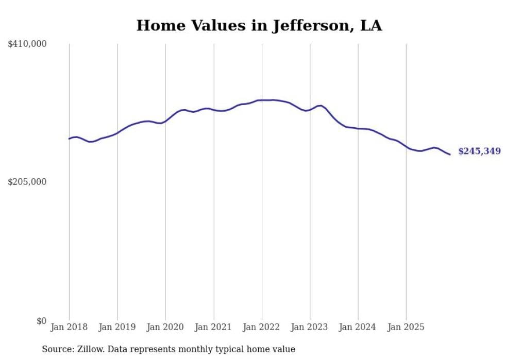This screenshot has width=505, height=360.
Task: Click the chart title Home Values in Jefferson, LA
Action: tap(259, 26)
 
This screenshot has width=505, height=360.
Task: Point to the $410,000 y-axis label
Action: tap(27, 44)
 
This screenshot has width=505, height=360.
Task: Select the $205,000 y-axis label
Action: tap(27, 182)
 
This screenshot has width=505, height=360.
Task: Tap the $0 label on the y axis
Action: tap(41, 321)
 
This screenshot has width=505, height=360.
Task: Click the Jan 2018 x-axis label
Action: tap(69, 327)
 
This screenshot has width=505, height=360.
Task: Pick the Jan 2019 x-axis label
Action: tap(117, 327)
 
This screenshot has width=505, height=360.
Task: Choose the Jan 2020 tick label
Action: tap(165, 327)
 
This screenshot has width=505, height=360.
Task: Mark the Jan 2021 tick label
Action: tap(213, 327)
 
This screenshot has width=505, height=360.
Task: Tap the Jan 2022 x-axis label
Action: tap(262, 327)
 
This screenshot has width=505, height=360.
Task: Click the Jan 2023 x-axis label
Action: tap(310, 327)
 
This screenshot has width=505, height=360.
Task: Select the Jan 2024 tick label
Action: tap(358, 327)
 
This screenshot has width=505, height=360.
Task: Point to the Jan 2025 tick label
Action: tap(406, 327)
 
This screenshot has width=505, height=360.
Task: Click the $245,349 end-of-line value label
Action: tap(479, 151)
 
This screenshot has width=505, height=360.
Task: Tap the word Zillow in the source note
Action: tap(89, 349)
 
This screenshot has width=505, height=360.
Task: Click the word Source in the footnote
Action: tap(56, 349)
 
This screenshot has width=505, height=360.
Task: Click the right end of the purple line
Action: tap(450, 155)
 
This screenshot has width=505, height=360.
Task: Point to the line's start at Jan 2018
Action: tap(69, 139)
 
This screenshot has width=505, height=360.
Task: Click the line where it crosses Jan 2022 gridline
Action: tap(262, 100)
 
